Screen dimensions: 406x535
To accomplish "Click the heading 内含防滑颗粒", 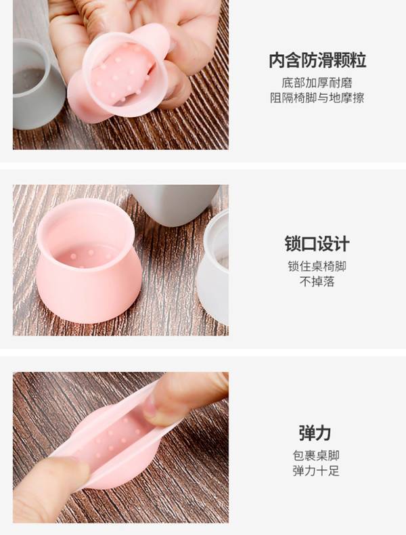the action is [x=317, y=60].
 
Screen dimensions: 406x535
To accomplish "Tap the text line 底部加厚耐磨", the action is [x=317, y=83].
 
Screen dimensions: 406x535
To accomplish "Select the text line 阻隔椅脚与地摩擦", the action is [x=317, y=98].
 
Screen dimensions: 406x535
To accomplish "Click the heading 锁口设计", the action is [x=317, y=244].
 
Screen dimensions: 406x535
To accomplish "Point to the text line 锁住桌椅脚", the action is [x=317, y=266].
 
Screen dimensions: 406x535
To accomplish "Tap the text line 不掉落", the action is [x=317, y=282].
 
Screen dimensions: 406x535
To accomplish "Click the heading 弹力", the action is [x=315, y=433].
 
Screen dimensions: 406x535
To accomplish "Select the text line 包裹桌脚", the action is [x=316, y=456].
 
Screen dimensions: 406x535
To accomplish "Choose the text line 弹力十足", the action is [x=316, y=471].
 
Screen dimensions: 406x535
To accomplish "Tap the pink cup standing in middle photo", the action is [x=89, y=261].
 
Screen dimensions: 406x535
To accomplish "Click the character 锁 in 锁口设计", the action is [x=292, y=244].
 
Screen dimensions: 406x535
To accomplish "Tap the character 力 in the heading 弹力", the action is [x=323, y=433].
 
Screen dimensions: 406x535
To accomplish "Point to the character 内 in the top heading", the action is [x=277, y=60].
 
